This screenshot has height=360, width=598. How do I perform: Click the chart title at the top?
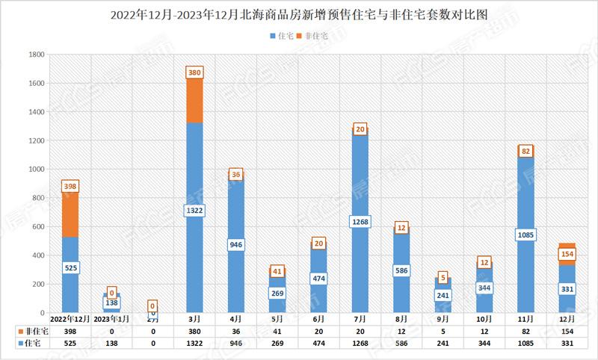[x=298, y=13]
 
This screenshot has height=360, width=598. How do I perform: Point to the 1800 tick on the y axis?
[x=34, y=55]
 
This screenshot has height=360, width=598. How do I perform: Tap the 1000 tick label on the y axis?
[x=34, y=170]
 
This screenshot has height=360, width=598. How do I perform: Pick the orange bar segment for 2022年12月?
[x=70, y=217]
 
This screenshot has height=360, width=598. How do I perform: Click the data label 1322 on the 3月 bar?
[x=194, y=211]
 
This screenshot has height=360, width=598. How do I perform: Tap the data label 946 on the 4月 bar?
[x=236, y=244]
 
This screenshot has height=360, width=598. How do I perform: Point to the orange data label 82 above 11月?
[x=526, y=152]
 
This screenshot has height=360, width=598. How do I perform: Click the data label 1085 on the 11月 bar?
[x=525, y=235]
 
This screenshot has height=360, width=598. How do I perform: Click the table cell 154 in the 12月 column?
[x=567, y=331]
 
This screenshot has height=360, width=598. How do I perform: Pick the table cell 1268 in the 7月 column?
[x=360, y=343]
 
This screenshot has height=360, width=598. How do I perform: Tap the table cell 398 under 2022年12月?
[x=70, y=331]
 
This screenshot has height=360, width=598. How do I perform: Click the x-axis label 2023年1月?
[x=111, y=319]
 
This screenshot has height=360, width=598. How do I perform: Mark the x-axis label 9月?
[x=443, y=319]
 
